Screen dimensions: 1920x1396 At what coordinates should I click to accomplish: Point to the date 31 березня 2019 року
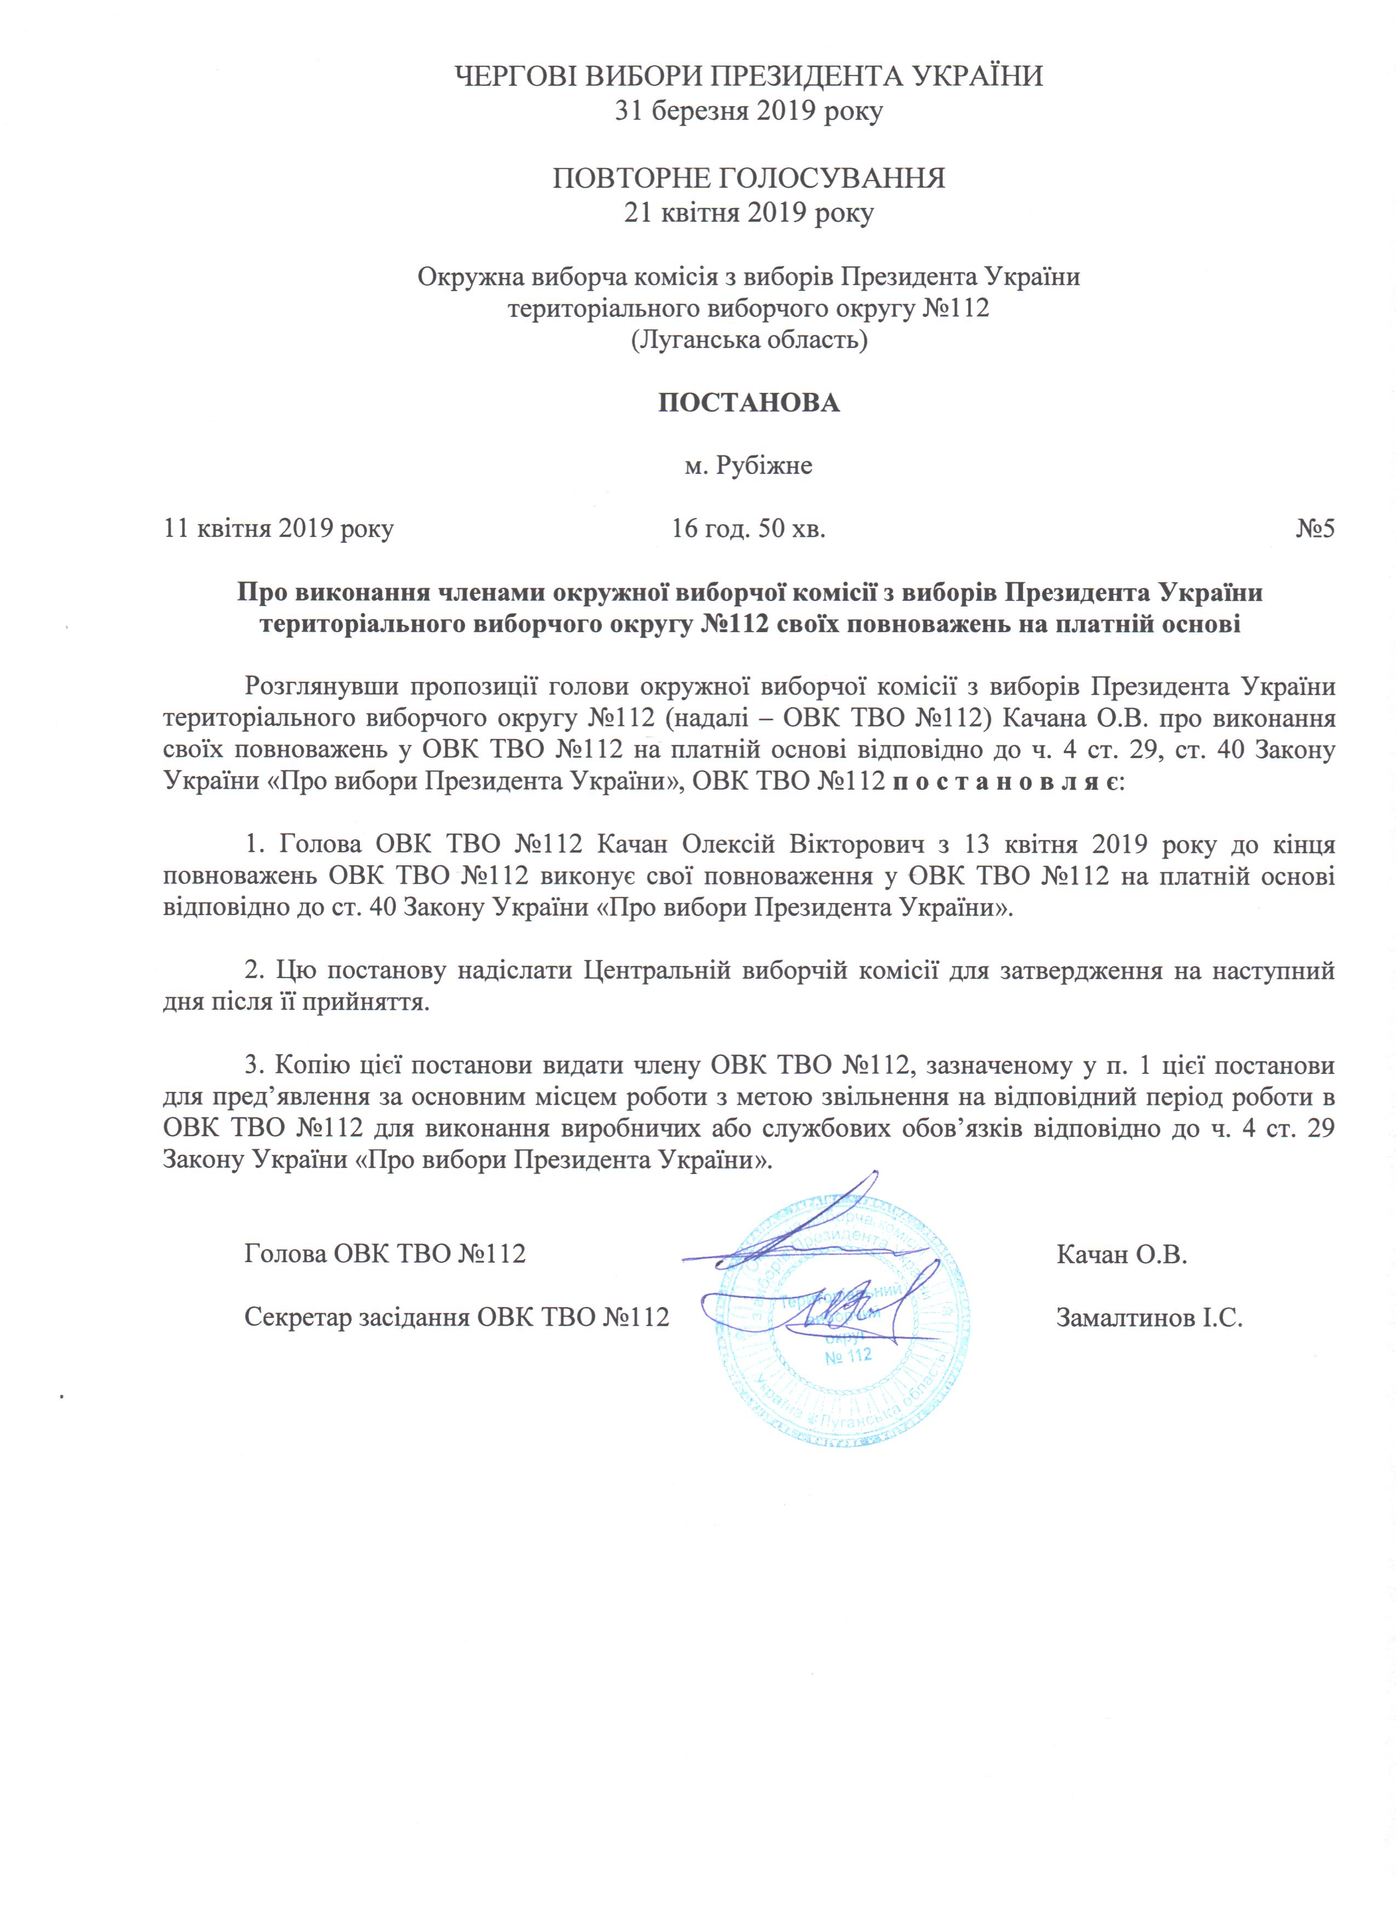click(748, 111)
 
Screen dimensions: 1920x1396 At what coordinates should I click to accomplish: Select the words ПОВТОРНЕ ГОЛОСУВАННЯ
click(748, 178)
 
